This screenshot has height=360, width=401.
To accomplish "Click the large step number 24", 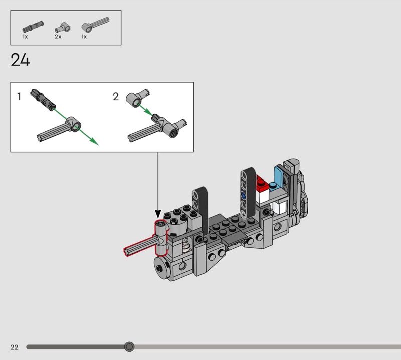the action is click(x=20, y=60).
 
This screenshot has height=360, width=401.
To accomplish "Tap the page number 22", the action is click(x=15, y=347).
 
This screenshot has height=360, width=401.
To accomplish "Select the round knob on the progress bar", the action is click(x=129, y=346).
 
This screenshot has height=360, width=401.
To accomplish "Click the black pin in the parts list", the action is click(x=33, y=27).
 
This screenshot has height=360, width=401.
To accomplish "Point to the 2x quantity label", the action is click(x=58, y=37).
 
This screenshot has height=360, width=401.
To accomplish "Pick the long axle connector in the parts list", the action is click(x=95, y=24).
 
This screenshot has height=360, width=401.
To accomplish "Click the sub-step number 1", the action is click(x=19, y=96).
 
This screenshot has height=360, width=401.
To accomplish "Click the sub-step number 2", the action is click(x=116, y=96).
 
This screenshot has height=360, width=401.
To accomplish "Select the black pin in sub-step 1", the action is click(x=43, y=100).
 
